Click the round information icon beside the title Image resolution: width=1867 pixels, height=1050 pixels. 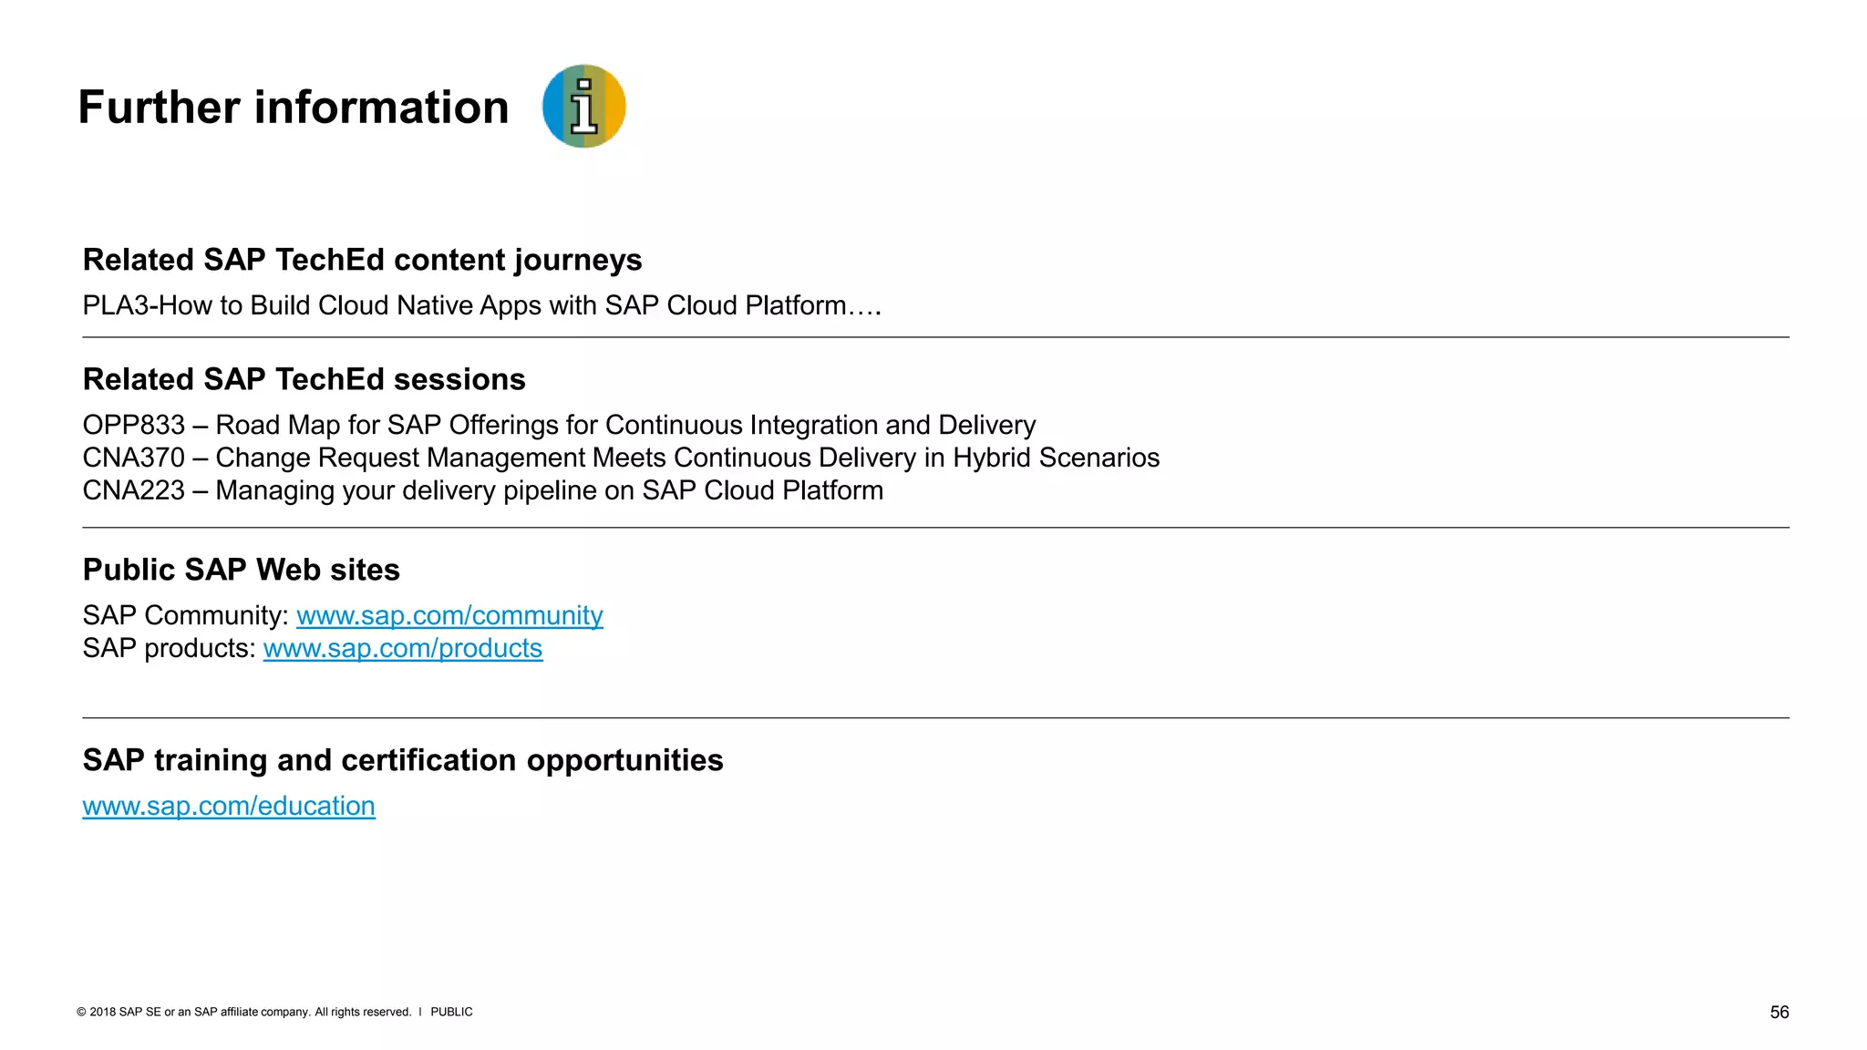(583, 106)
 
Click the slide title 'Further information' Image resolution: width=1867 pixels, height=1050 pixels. (293, 108)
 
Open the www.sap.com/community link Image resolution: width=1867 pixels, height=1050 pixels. (449, 615)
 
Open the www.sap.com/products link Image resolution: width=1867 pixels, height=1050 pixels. (403, 648)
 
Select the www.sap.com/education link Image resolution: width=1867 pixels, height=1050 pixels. (229, 806)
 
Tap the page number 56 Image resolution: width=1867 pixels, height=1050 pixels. (1779, 1012)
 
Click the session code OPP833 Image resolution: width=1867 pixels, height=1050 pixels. (134, 425)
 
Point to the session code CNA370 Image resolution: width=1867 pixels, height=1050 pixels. (134, 458)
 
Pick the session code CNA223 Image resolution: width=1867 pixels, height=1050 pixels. (134, 490)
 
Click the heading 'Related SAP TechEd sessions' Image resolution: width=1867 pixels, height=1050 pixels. (304, 379)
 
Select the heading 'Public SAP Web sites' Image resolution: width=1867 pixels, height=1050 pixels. (241, 570)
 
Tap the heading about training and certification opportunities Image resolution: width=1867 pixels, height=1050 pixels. (402, 760)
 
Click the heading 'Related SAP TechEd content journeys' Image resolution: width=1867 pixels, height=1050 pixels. (362, 260)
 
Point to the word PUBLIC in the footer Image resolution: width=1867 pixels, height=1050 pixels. (451, 1012)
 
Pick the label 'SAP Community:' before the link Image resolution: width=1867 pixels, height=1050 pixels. (185, 615)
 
